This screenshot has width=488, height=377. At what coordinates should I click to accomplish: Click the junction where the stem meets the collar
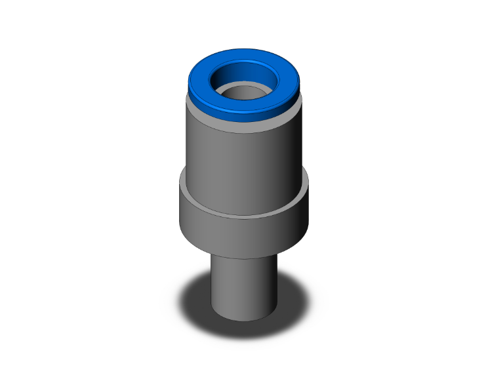tap(243, 257)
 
